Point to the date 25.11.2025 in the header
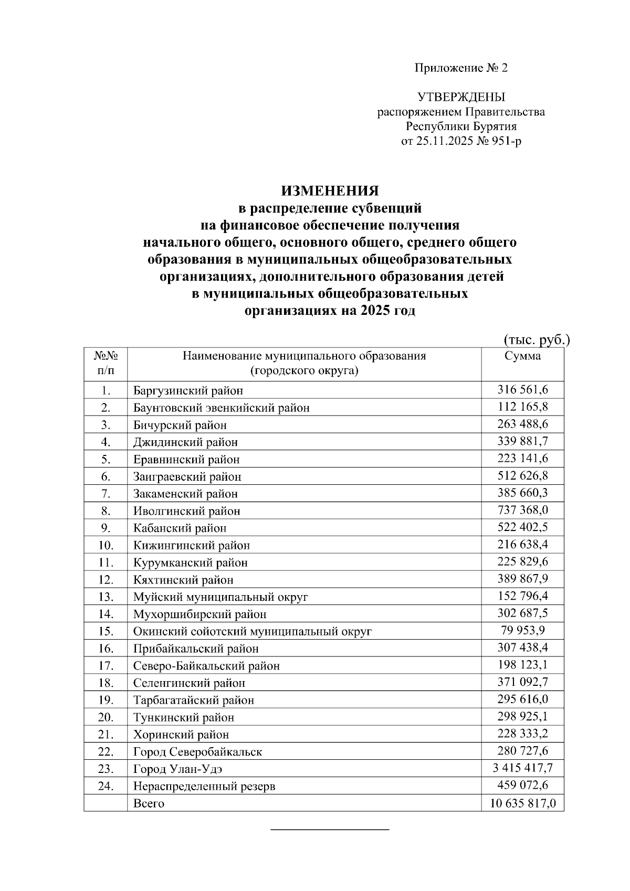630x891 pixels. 443,141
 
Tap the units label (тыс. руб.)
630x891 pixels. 536,340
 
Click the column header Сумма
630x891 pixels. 522,356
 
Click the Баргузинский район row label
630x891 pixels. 188,391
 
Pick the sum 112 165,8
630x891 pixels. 522,407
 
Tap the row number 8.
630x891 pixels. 106,511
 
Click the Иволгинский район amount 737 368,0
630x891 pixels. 522,510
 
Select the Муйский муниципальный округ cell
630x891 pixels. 220,597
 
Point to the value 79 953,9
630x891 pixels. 522,630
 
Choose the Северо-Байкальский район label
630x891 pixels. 206,666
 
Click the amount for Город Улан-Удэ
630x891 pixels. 522,768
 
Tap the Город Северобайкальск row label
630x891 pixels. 197,752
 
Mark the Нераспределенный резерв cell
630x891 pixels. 204,787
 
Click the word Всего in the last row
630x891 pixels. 149,803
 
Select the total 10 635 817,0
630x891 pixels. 522,803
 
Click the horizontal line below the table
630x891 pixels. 330,830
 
